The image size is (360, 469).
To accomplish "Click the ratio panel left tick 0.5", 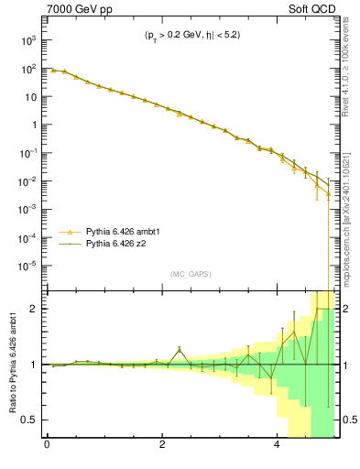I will (30, 420).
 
